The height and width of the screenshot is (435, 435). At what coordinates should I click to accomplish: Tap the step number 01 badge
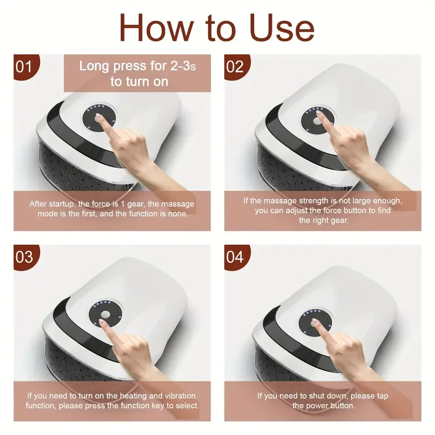[x=25, y=67]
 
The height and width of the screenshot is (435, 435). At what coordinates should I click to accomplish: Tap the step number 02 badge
[x=235, y=67]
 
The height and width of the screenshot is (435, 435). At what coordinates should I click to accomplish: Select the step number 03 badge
[x=25, y=256]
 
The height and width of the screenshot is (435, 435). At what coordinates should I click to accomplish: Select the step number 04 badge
[x=235, y=256]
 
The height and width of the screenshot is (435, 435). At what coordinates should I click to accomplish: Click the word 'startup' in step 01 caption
[x=65, y=204]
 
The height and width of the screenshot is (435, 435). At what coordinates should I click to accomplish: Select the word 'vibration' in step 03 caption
[x=177, y=396]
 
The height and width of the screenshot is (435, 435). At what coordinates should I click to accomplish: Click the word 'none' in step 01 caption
[x=177, y=214]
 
